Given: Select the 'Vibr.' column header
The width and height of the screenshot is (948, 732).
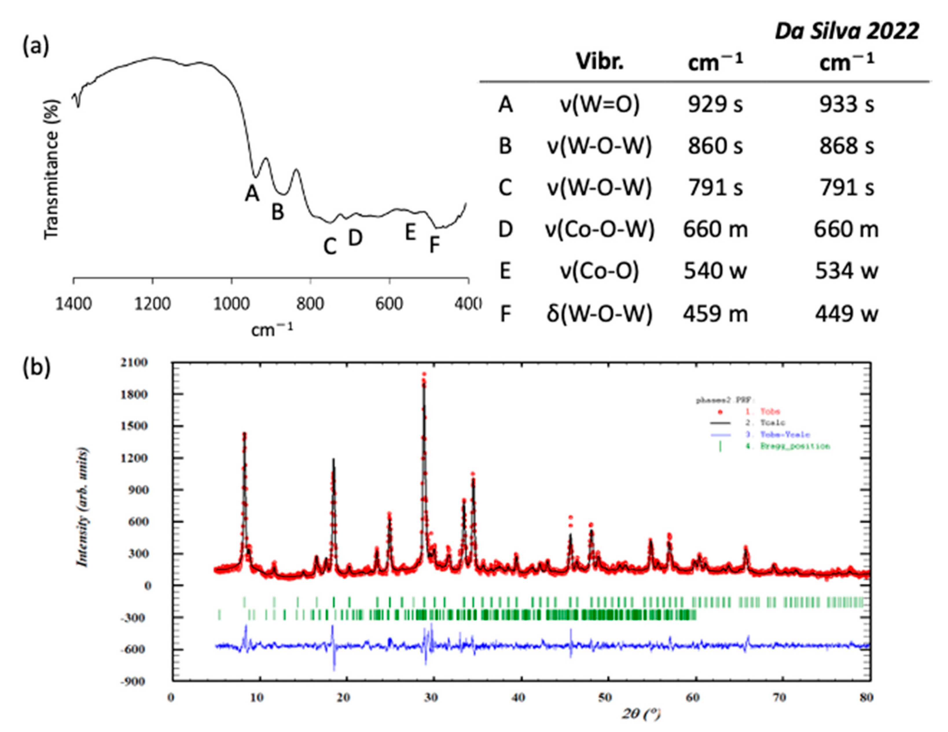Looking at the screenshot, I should point(600,62).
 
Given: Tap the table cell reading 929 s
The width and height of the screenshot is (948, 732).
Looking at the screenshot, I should point(715,105).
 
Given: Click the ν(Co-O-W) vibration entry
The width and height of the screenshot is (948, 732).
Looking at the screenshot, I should point(600,230).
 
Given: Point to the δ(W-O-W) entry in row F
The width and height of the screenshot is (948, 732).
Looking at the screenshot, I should point(600,313).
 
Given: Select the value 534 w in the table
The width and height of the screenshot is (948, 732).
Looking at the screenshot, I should point(846,271).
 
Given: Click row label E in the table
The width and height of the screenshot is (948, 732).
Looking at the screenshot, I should point(505,271).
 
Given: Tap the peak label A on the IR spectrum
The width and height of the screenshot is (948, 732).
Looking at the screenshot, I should point(252,193).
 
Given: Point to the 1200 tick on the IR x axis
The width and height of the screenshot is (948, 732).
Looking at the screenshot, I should point(152,304).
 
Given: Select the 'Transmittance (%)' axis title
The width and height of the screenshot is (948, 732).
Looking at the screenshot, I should point(51,169).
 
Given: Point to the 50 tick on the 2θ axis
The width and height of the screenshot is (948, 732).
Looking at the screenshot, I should point(605,698).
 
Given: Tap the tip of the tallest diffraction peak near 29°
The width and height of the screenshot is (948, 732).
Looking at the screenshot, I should point(424,374).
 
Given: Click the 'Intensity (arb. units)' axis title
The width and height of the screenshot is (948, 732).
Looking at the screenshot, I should point(82,507).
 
